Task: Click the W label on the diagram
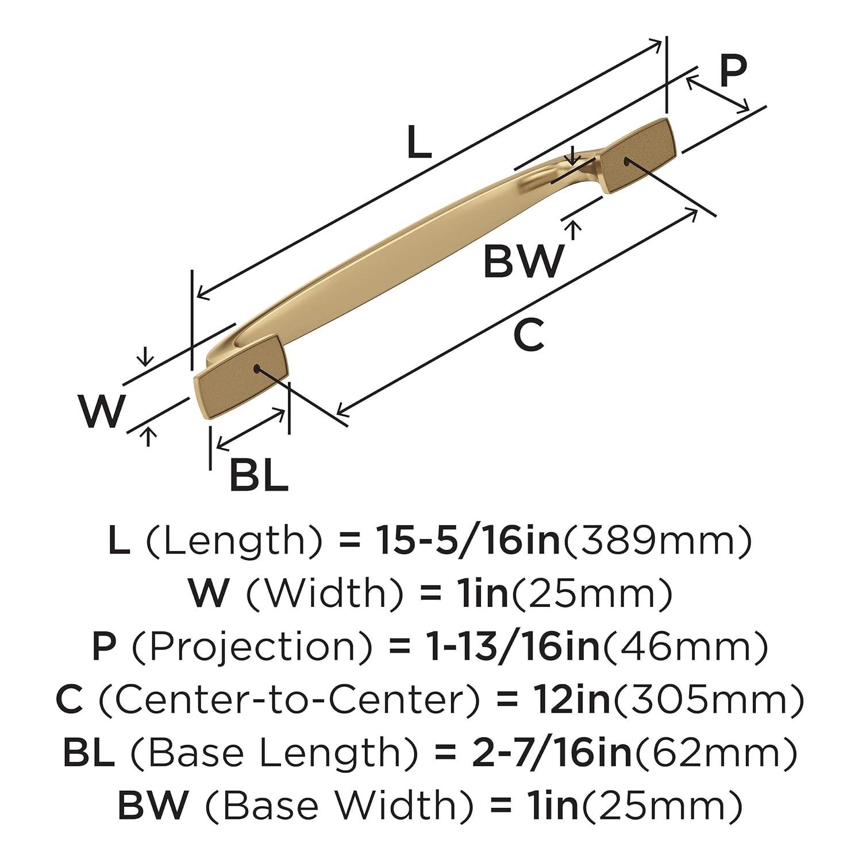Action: click(102, 411)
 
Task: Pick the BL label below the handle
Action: click(258, 475)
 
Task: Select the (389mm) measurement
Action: click(657, 542)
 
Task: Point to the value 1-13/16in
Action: click(506, 648)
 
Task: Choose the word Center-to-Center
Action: click(289, 701)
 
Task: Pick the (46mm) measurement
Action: click(683, 648)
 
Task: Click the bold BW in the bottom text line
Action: click(153, 806)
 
